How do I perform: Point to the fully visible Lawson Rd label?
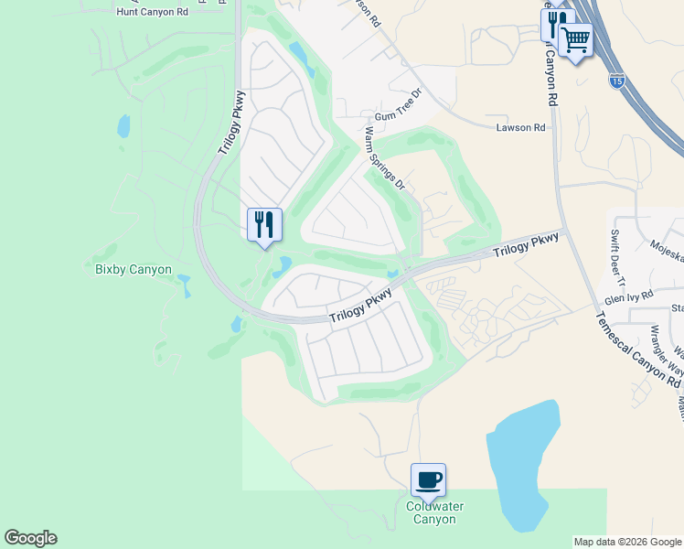point(520,127)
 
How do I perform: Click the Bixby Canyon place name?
point(134,269)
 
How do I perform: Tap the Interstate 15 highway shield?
point(617,81)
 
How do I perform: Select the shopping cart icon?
point(575,39)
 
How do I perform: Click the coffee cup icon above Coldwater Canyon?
point(428,479)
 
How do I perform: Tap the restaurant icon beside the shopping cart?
point(554,22)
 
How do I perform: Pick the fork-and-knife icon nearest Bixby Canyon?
point(264,224)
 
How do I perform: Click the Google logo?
point(30,538)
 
